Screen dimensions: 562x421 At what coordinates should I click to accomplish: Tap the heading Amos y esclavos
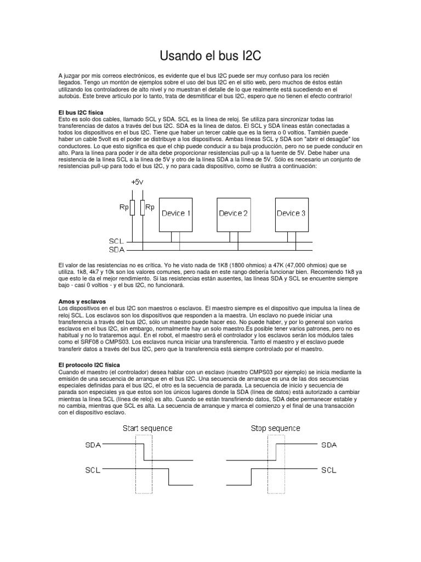coord(82,302)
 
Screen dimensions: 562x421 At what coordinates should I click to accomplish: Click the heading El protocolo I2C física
coord(92,364)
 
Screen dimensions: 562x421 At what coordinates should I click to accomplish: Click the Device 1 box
coord(176,213)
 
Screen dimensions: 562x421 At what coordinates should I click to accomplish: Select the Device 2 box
coord(233,213)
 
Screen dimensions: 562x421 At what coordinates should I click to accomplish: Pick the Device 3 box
coord(291,213)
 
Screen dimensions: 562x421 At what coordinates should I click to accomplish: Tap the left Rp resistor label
coord(123,207)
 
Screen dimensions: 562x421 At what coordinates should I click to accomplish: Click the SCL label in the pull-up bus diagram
coord(117,241)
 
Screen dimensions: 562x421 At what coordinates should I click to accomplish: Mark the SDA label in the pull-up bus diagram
coord(117,250)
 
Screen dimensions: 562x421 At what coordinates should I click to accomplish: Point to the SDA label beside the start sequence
coord(93,445)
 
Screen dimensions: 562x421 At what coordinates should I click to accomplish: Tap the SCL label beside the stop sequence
coord(329,470)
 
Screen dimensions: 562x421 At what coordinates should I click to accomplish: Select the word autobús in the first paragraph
coord(69,96)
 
